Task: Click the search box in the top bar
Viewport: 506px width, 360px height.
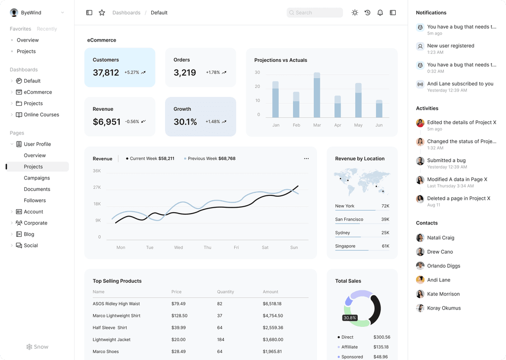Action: pos(315,13)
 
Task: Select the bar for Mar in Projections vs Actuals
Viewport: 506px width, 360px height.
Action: pos(317,95)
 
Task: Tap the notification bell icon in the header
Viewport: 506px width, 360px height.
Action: pos(380,13)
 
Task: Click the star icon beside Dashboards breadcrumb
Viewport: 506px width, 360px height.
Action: pos(102,13)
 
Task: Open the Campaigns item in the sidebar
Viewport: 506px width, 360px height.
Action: pos(37,178)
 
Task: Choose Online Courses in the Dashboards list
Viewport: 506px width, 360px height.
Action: pos(42,115)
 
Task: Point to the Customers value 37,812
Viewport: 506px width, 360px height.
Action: pos(106,73)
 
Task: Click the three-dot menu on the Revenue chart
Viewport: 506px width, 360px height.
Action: pos(306,159)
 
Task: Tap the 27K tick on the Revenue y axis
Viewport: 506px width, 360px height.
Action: pos(97,187)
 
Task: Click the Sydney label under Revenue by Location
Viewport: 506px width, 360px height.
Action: pos(342,233)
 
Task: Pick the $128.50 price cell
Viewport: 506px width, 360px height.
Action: pos(179,315)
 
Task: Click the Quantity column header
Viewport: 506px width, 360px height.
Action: pos(225,292)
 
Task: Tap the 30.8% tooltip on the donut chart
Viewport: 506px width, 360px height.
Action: pos(350,318)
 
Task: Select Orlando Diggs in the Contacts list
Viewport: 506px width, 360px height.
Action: pos(443,266)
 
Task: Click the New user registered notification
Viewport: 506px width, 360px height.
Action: pos(450,46)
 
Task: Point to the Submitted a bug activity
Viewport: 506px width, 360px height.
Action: pos(446,161)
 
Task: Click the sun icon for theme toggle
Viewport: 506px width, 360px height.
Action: pos(355,13)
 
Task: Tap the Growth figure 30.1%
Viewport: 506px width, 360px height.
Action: pos(185,122)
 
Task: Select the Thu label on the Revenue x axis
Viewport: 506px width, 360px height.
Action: pos(208,247)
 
